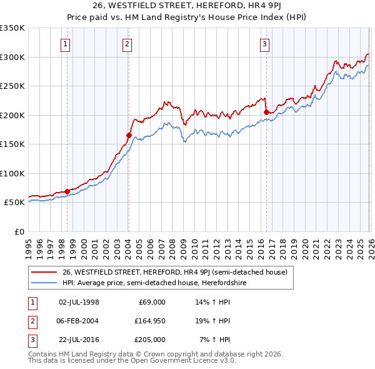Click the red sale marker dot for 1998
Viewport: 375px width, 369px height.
(x=67, y=191)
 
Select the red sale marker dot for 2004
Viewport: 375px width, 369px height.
(x=129, y=135)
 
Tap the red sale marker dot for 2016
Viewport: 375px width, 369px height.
(x=266, y=112)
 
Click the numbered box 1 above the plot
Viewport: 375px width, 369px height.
(x=66, y=44)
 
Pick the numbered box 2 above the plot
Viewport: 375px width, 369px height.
(x=127, y=44)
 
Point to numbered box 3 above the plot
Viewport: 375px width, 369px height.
(x=264, y=44)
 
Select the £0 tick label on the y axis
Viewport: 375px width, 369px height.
(x=19, y=231)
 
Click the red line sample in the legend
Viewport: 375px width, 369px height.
(x=45, y=272)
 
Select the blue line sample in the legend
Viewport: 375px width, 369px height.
(x=45, y=283)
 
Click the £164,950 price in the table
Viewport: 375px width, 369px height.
(x=150, y=320)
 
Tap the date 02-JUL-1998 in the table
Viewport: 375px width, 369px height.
(x=78, y=301)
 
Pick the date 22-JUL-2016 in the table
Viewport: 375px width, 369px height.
(x=78, y=339)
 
